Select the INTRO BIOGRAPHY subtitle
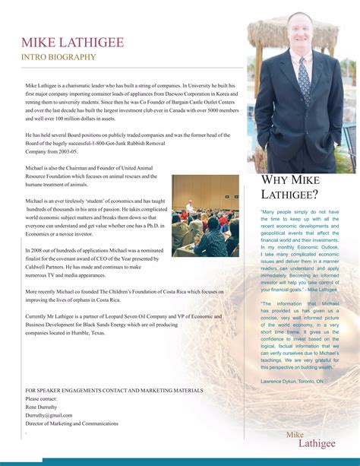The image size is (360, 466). [58, 57]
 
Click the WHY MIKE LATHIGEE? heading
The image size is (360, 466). [289, 186]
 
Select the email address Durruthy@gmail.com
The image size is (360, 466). [49, 415]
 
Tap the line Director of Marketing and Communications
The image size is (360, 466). [72, 423]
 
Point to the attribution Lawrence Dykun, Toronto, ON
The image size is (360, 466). [292, 380]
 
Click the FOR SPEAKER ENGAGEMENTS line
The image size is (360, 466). [114, 390]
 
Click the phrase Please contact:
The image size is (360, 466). [41, 398]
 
